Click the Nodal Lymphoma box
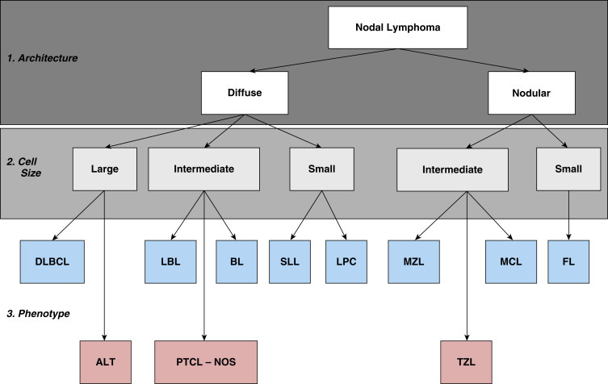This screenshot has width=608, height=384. (398, 27)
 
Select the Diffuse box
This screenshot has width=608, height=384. (245, 93)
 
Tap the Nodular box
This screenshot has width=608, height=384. (531, 93)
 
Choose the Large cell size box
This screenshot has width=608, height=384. (105, 169)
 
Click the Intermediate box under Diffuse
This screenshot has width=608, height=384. (204, 169)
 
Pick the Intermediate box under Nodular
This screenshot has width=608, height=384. (452, 169)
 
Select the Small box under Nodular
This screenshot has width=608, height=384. (568, 169)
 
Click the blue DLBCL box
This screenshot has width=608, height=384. (52, 262)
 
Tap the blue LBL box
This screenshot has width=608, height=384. (170, 262)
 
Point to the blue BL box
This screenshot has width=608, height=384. (237, 262)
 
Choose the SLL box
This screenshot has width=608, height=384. (290, 262)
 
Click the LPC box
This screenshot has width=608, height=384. (346, 262)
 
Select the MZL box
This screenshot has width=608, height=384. (413, 262)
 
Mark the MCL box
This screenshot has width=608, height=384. (511, 262)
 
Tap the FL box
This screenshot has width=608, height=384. (568, 262)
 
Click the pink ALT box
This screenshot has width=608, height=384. (106, 362)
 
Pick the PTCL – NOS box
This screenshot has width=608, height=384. (206, 362)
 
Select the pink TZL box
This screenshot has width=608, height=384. (466, 362)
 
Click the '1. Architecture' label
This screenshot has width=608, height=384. (42, 58)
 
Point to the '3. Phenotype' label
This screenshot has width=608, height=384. (39, 314)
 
